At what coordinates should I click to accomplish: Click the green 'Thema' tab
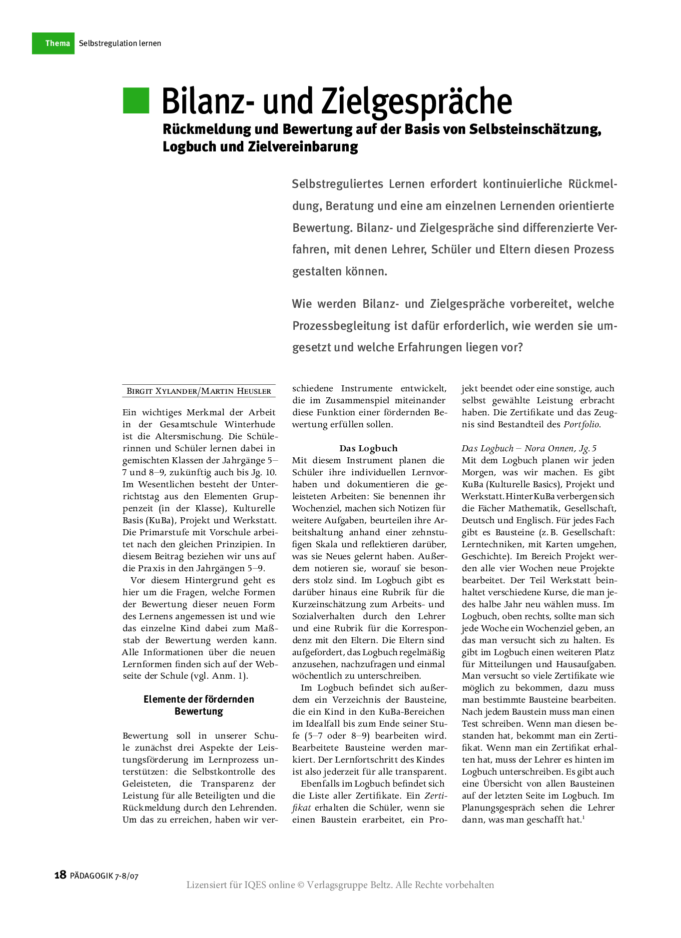tap(53, 43)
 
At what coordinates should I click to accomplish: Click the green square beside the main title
tap(136, 100)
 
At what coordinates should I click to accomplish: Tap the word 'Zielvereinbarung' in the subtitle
tap(303, 147)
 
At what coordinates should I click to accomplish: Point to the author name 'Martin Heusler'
tap(236, 391)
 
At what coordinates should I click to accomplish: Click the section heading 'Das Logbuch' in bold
tap(368, 448)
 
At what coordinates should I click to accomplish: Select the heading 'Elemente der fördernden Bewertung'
tap(199, 705)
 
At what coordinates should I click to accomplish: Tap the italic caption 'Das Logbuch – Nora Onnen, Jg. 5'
tap(529, 448)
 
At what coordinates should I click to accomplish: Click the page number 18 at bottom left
tap(60, 875)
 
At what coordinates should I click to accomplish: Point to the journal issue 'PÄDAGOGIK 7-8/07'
tap(104, 876)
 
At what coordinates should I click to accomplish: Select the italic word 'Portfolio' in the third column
tap(581, 424)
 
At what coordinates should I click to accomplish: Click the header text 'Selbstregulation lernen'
tap(120, 43)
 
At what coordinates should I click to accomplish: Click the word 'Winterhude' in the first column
tap(249, 424)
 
